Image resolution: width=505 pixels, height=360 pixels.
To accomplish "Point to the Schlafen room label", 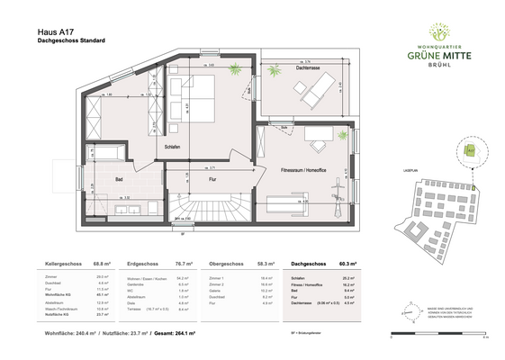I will (x=174, y=147).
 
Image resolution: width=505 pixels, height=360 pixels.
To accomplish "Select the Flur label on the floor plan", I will (x=212, y=179).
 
